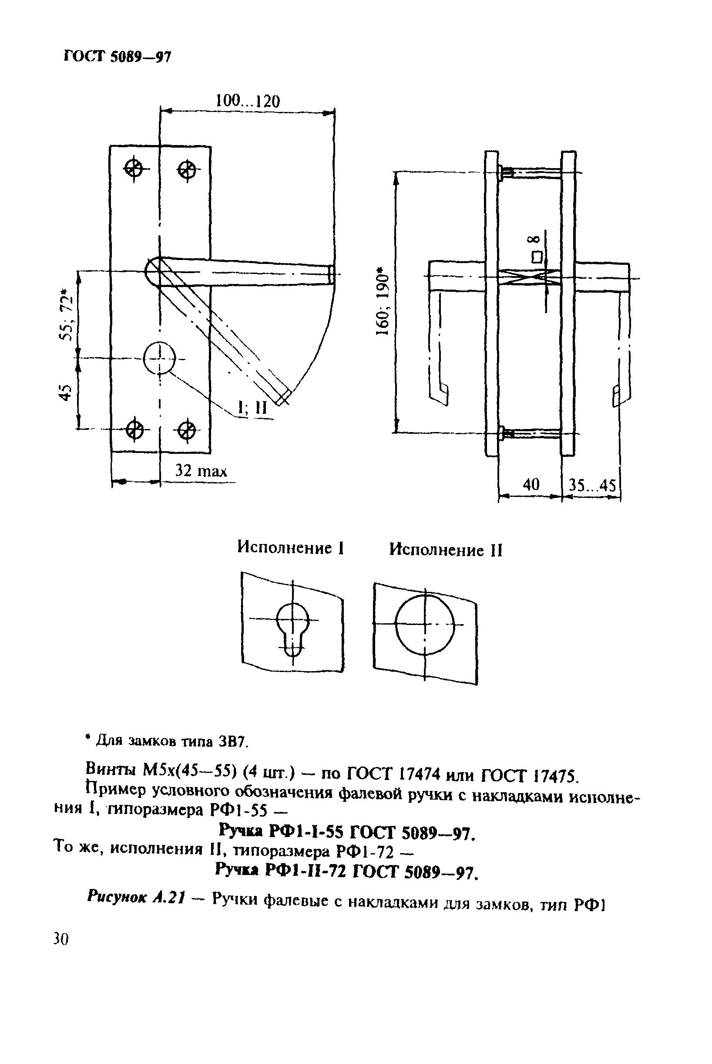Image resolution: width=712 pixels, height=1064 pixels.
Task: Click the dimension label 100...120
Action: click(248, 101)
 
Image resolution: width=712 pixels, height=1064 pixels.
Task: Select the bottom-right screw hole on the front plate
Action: click(186, 430)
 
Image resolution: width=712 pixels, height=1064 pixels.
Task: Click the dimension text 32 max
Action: click(201, 471)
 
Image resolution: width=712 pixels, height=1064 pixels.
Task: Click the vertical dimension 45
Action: click(66, 392)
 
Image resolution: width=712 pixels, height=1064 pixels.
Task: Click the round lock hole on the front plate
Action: click(159, 358)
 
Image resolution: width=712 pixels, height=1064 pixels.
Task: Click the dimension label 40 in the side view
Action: click(531, 485)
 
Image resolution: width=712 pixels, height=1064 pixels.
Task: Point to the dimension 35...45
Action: click(592, 486)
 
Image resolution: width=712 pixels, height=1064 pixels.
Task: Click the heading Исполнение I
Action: click(291, 548)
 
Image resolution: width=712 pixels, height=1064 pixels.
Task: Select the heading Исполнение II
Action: click(446, 550)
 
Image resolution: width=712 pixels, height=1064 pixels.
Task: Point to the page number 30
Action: click(60, 939)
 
